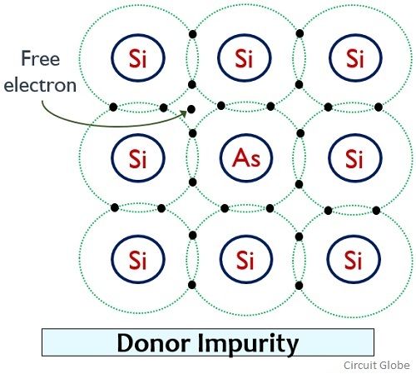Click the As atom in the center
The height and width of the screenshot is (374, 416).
[246, 157]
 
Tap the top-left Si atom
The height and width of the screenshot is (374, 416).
[138, 57]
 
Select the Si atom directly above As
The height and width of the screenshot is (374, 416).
[245, 57]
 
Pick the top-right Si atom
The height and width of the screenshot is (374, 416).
[355, 57]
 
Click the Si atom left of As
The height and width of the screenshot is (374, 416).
[138, 157]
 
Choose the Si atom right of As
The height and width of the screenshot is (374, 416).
[355, 157]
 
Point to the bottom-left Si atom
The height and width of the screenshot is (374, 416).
[138, 259]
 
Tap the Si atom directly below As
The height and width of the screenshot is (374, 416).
[246, 259]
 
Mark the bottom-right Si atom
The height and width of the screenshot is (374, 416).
[354, 259]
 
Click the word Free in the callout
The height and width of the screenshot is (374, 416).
[41, 58]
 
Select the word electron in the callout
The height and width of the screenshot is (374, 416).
[40, 85]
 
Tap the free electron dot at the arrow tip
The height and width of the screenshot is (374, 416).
[191, 109]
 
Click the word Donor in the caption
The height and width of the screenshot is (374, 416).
[154, 342]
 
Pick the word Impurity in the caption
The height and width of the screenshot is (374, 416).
[248, 344]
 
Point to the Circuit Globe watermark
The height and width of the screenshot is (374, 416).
[377, 366]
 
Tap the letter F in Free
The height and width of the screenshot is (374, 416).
[26, 58]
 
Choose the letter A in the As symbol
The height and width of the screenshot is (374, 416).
[240, 157]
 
